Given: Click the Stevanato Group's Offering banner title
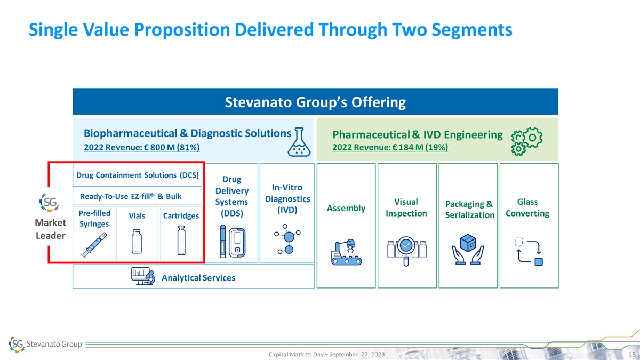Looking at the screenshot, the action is click(x=315, y=102).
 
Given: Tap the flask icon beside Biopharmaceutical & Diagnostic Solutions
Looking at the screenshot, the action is click(x=299, y=142).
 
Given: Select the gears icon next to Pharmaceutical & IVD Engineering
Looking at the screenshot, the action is click(x=526, y=141).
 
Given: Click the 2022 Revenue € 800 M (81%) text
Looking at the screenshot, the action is click(x=142, y=147).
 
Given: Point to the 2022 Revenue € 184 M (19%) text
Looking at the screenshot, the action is click(x=390, y=147).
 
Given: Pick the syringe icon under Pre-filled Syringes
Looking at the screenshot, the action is click(x=94, y=245).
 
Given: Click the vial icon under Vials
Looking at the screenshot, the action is click(x=137, y=242).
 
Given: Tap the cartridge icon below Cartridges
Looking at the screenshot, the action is click(x=181, y=241).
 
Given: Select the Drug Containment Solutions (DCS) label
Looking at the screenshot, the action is click(x=138, y=175).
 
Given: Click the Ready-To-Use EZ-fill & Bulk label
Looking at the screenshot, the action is click(x=131, y=197).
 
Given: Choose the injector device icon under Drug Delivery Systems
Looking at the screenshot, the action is click(x=233, y=242).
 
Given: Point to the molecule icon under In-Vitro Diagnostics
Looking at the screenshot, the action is click(x=287, y=239).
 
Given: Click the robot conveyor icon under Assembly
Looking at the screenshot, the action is click(x=346, y=252).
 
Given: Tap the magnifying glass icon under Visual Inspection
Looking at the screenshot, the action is click(x=406, y=251).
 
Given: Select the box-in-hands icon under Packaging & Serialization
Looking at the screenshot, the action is click(x=468, y=250).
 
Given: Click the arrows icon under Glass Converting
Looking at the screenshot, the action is click(x=529, y=252).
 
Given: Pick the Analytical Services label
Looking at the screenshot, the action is click(x=198, y=278).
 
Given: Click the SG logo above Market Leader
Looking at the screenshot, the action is click(x=49, y=203).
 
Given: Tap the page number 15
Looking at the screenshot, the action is click(x=631, y=355).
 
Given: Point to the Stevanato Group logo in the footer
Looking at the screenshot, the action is click(x=45, y=344).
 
